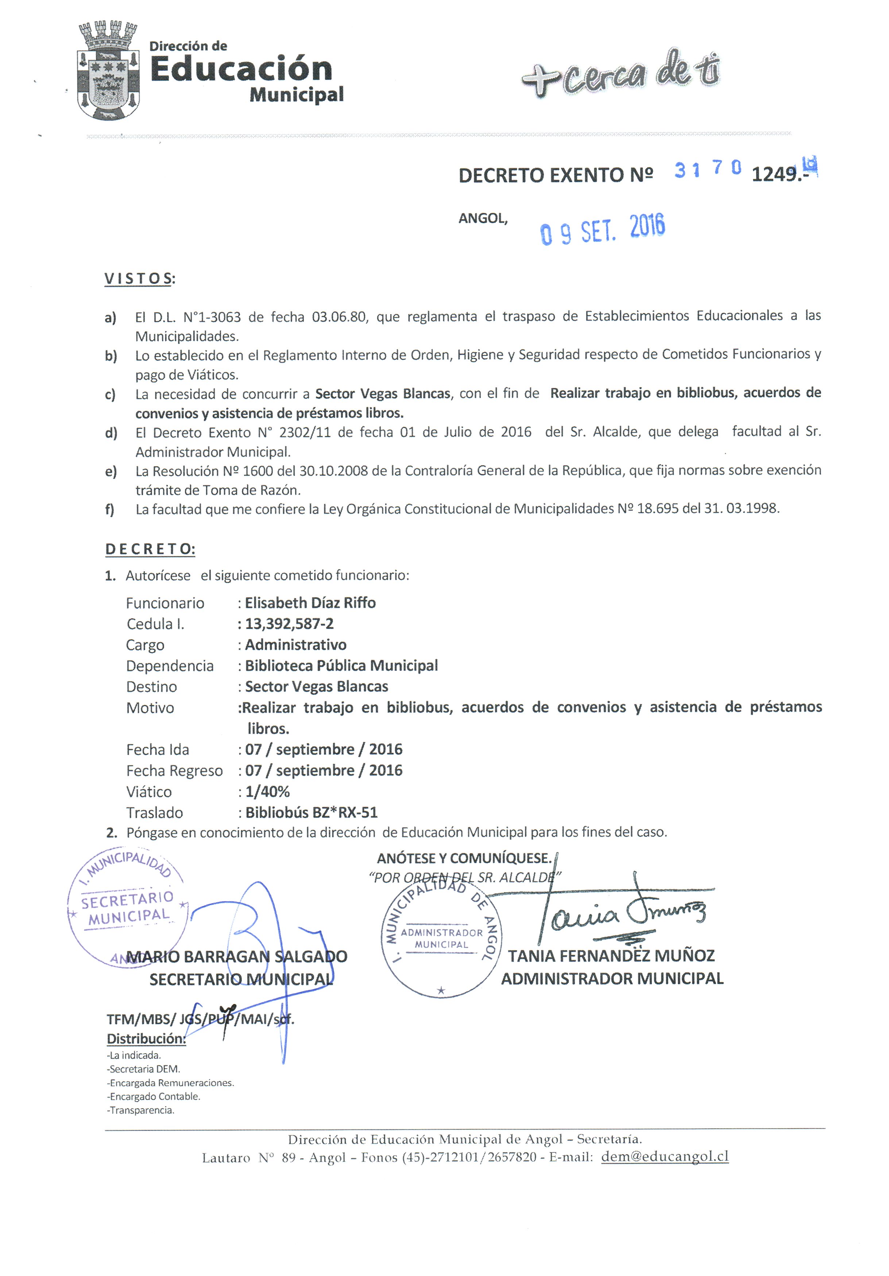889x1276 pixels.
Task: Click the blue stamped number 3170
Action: click(707, 169)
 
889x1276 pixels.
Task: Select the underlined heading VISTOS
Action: click(139, 279)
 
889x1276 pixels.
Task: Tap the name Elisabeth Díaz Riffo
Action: click(310, 603)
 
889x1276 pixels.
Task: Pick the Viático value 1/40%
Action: click(267, 791)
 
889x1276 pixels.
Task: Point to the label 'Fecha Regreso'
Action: click(174, 771)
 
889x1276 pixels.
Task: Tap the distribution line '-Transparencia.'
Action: click(141, 1110)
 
